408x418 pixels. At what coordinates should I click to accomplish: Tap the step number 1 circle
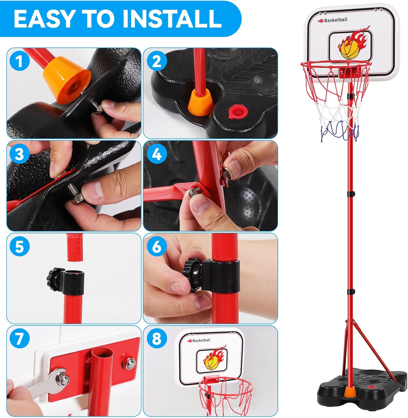(x=19, y=61)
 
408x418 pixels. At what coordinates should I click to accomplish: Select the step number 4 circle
(x=156, y=154)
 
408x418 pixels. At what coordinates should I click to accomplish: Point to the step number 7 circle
(x=19, y=339)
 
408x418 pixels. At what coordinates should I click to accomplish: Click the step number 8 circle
(x=156, y=339)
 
